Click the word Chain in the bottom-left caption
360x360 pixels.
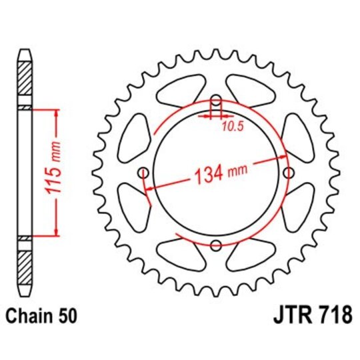[x=29, y=314]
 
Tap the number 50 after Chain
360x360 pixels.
[x=69, y=314]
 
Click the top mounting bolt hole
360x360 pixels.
[x=216, y=101]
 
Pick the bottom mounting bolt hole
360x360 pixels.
[x=216, y=246]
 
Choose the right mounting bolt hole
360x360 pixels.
[x=288, y=173]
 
